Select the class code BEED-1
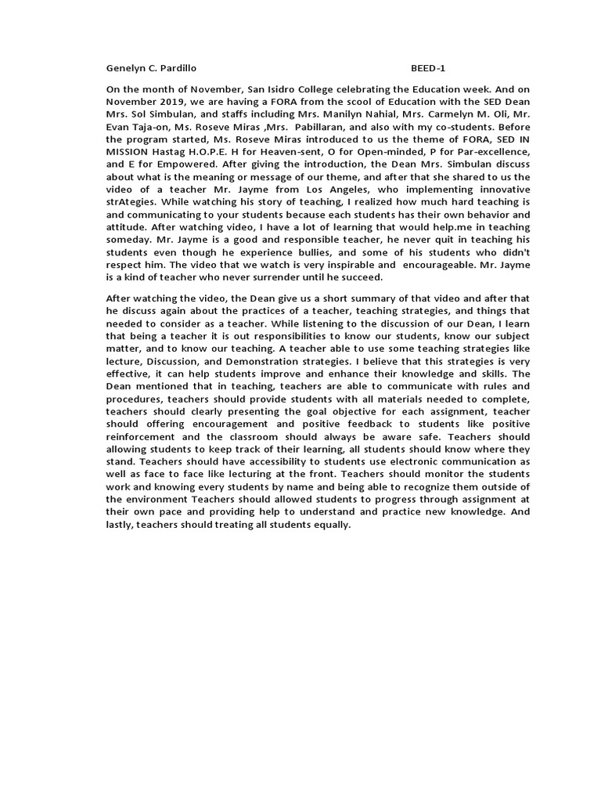tap(429, 68)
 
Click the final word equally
tap(331, 525)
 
